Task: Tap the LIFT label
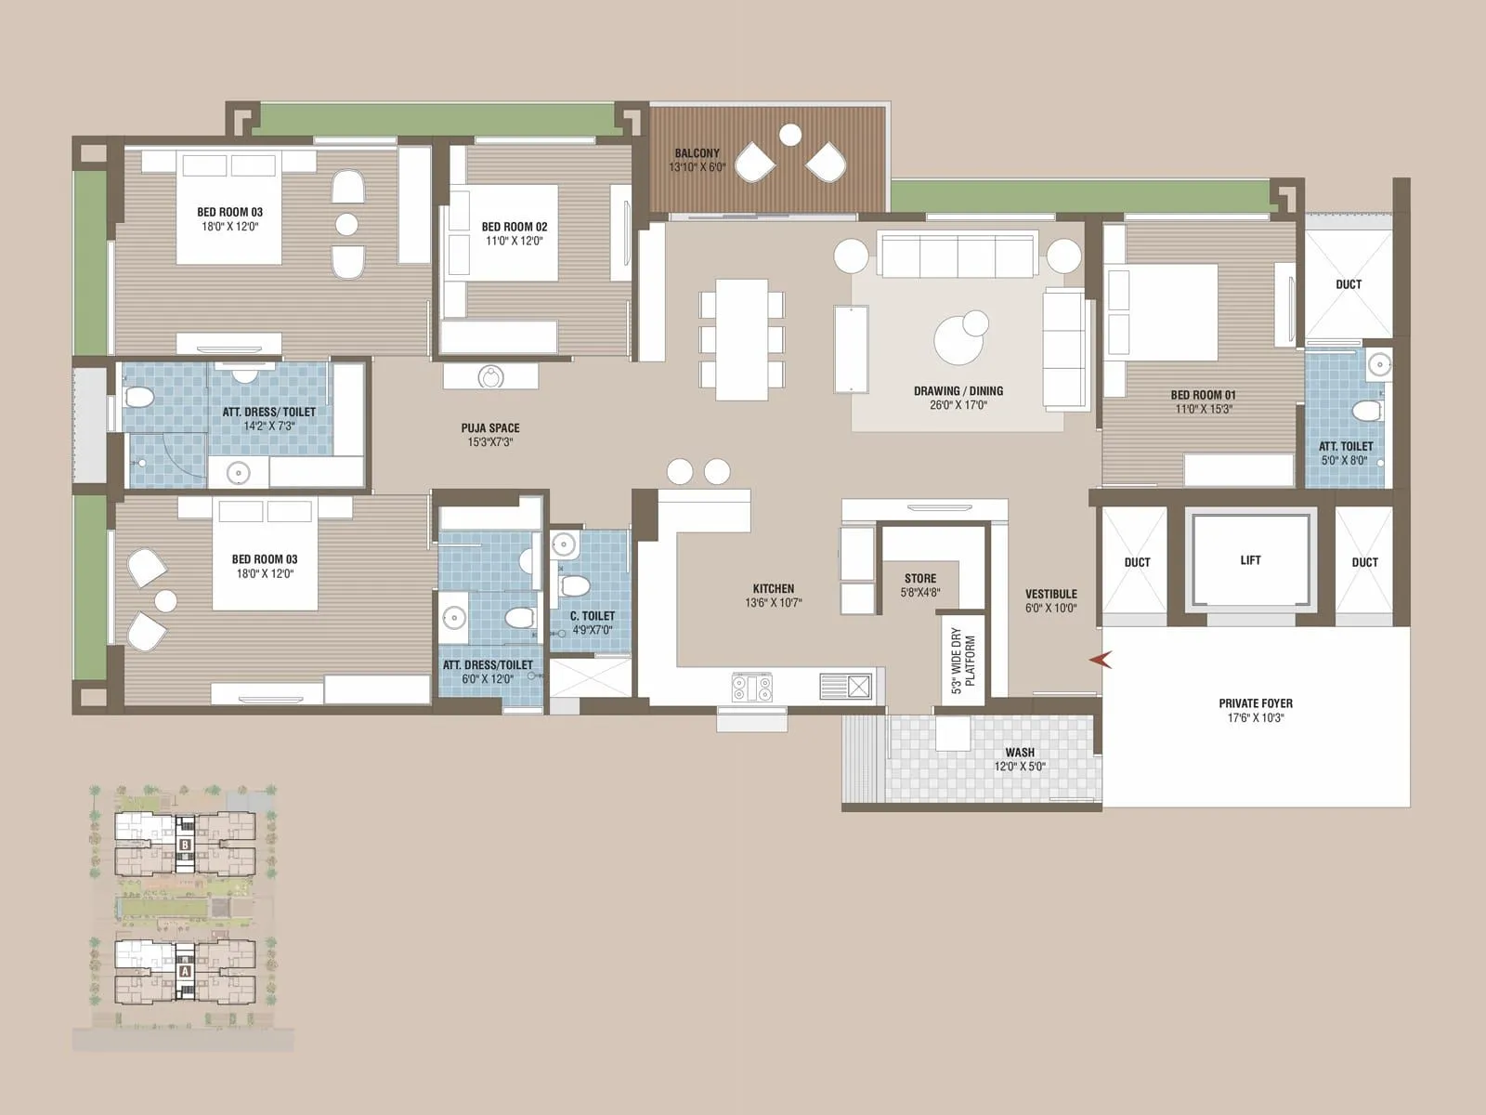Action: click(1250, 560)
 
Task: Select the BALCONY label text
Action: click(697, 153)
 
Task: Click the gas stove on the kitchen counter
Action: click(752, 688)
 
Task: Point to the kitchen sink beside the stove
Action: click(846, 687)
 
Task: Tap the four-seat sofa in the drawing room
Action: click(957, 255)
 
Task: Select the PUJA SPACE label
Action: click(490, 428)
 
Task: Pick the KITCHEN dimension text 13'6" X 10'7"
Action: click(774, 603)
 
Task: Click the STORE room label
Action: click(920, 578)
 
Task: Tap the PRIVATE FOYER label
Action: click(1256, 703)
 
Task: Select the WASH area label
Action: click(1020, 753)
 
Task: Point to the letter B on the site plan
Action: click(186, 846)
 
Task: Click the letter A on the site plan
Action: click(186, 970)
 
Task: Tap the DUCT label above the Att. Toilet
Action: click(1349, 284)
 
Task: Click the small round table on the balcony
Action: click(790, 136)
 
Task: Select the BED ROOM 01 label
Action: click(1203, 395)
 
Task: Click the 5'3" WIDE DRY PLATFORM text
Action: click(963, 660)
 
